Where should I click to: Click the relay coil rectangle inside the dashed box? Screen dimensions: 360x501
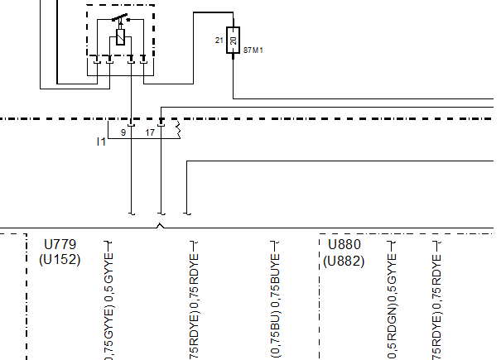click(122, 36)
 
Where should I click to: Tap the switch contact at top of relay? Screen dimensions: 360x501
click(121, 18)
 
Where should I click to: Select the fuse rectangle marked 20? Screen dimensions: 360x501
click(233, 41)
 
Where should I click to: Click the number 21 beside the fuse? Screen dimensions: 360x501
click(219, 41)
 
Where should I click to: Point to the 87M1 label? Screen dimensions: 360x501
click(253, 50)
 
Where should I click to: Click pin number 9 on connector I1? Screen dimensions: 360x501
click(123, 132)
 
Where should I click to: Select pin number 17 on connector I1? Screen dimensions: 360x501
click(150, 132)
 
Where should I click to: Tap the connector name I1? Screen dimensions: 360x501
click(101, 142)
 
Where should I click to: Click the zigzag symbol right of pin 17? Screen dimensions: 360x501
click(176, 129)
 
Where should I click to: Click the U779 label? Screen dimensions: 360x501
click(59, 245)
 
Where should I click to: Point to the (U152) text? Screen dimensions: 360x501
click(59, 259)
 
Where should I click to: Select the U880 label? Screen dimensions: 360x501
click(344, 245)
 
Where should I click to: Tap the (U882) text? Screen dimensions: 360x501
click(344, 259)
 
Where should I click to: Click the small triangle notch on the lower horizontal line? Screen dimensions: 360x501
click(160, 225)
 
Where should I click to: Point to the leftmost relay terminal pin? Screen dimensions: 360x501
click(97, 60)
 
